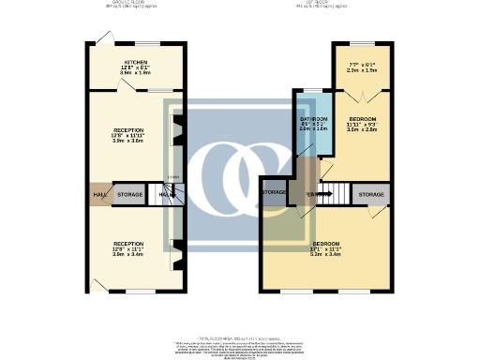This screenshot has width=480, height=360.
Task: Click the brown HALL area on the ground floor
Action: (99, 194)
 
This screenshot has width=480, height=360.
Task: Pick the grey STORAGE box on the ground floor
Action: (130, 194)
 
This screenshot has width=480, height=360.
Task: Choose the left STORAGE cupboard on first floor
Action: (275, 192)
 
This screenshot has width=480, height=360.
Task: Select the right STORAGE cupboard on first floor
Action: (371, 194)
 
